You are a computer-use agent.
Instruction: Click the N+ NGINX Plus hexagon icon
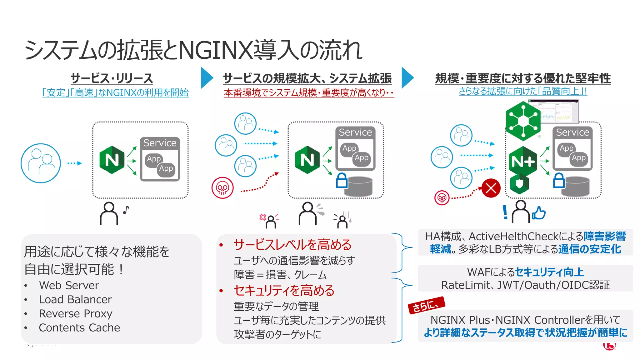coord(522,161)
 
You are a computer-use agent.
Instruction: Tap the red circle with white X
coord(491,188)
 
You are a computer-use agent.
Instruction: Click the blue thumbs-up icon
coord(539,213)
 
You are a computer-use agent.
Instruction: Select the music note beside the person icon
coord(126,210)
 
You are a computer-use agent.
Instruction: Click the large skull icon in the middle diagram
coord(222,188)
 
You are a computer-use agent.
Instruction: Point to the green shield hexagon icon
coord(519,184)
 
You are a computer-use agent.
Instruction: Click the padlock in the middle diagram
coord(341,181)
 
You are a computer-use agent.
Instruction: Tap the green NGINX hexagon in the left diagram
coord(112,160)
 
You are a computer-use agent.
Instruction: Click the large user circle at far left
coord(41,163)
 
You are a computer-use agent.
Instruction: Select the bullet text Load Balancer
coord(75,299)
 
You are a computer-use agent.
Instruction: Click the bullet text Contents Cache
coord(79,327)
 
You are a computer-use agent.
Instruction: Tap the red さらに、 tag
coord(426,305)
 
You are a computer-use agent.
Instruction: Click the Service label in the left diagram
coord(160,143)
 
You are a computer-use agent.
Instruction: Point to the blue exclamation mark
coord(505,212)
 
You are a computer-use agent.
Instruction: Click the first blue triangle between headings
coord(207,77)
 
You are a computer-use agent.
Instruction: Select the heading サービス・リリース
coord(112,78)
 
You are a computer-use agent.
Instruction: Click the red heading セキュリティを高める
coord(284,290)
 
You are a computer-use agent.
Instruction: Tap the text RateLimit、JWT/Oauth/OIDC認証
coord(525,285)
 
